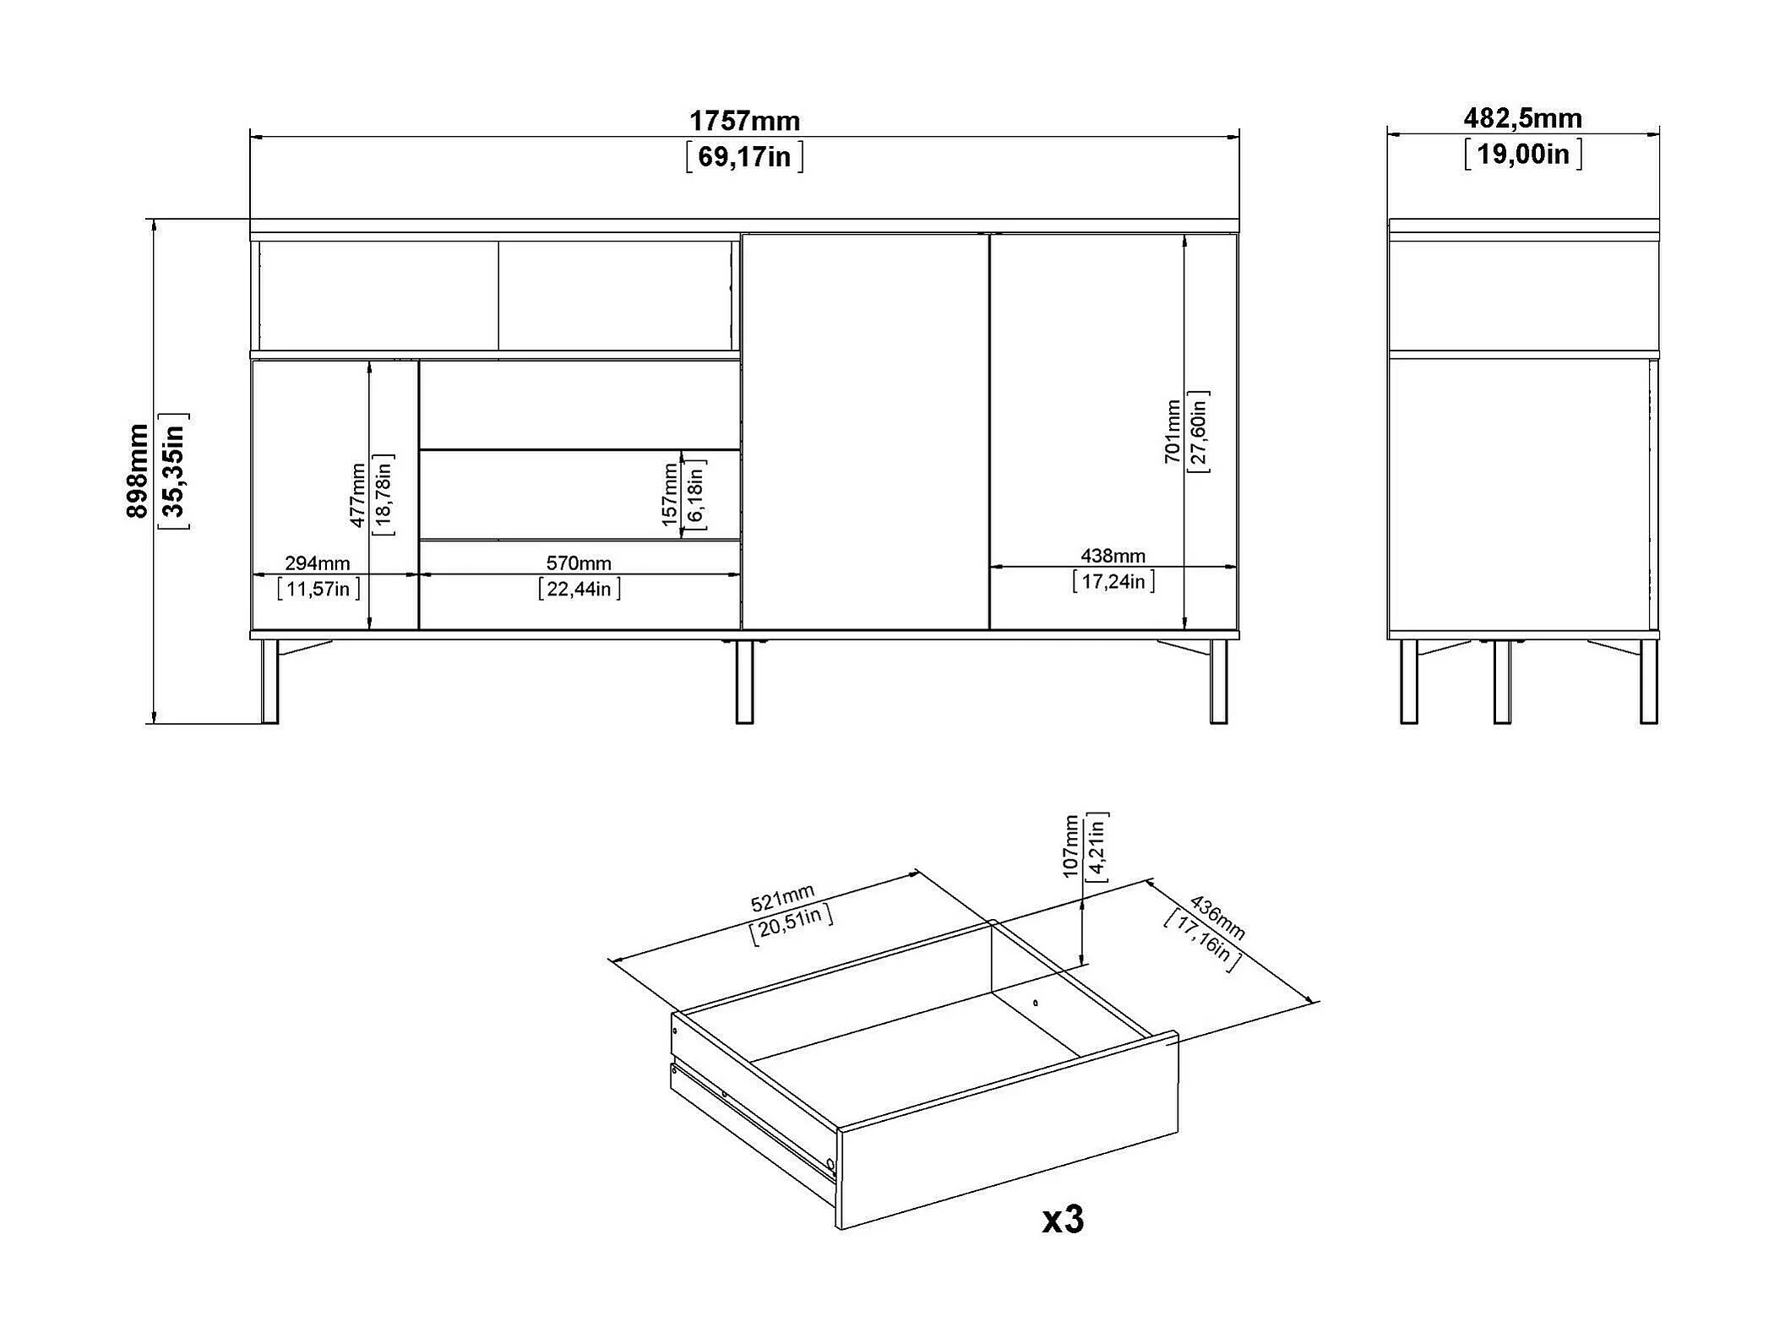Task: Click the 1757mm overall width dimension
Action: coord(744,122)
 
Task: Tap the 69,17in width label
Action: coord(744,157)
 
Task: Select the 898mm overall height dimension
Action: coord(137,470)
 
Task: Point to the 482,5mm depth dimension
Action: coord(1522,118)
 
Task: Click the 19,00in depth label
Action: coord(1522,154)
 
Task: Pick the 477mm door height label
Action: coord(358,494)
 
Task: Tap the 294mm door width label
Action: coord(318,563)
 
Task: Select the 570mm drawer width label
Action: coord(579,563)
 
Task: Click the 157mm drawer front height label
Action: coord(670,494)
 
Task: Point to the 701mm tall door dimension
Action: coord(1173,431)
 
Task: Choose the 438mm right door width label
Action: coord(1113,556)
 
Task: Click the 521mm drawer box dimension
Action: coord(782,898)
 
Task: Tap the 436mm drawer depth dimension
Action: coord(1216,917)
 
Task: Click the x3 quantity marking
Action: coord(1062,1220)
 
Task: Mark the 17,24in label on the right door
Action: coord(1113,581)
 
